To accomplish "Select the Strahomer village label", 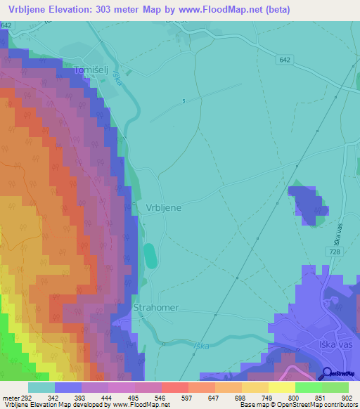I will pyautogui.click(x=156, y=308).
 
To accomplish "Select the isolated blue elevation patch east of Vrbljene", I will pyautogui.click(x=309, y=204).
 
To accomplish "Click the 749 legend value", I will pyautogui.click(x=258, y=398).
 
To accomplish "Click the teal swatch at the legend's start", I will pyautogui.click(x=41, y=387).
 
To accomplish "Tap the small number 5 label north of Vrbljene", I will pyautogui.click(x=184, y=101).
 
